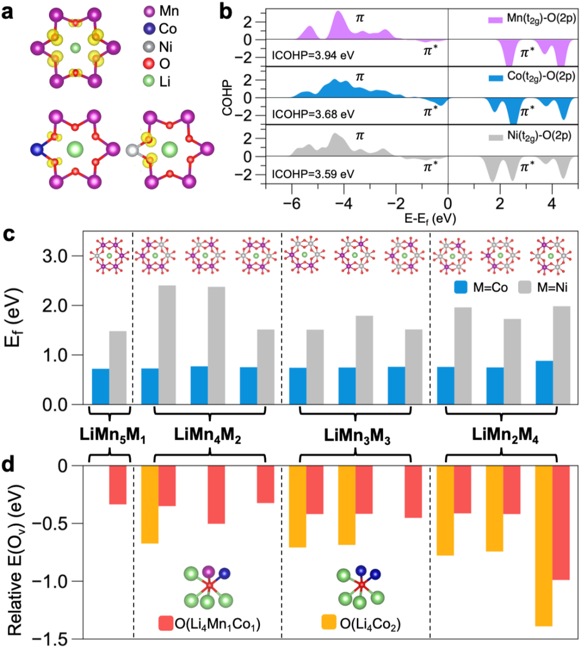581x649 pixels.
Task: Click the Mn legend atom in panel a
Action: coord(150,11)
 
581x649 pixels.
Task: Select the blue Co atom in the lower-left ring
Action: coord(37,149)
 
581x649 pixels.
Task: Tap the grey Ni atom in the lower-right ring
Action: coord(132,150)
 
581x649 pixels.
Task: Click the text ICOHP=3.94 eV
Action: coord(313,55)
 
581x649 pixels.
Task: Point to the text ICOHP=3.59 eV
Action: coord(313,174)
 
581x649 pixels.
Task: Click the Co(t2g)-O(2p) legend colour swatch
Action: coord(495,78)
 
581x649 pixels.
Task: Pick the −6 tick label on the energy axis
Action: coord(292,204)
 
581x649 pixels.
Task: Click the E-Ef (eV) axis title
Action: coord(430,218)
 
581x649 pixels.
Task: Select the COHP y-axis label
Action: coord(227,98)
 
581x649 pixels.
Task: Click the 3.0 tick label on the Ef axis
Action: coord(55,256)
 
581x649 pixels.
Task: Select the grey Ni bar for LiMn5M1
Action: coord(118,368)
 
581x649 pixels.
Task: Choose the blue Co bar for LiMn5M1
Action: coord(101,386)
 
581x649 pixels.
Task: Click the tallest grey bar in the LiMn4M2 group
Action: coord(167,345)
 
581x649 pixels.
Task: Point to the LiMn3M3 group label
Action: coord(357,436)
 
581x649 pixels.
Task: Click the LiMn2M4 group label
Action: coord(505,436)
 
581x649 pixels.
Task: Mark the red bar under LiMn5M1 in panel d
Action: coord(118,485)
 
